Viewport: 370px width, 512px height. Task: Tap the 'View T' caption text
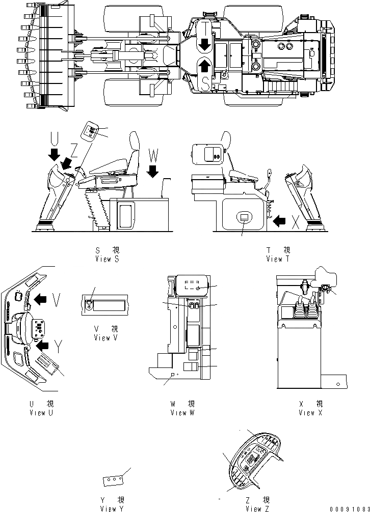coord(278,259)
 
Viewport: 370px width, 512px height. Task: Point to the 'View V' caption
coord(106,338)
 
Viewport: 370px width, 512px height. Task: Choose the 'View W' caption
coord(182,412)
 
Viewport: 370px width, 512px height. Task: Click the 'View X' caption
coord(307,412)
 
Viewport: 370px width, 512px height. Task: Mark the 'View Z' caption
coord(258,508)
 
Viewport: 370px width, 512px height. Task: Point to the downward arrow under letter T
coord(204,44)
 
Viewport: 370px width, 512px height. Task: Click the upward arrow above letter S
coord(204,65)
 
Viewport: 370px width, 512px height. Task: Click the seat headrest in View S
coord(135,140)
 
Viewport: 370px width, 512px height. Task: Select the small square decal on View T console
coord(244,217)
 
